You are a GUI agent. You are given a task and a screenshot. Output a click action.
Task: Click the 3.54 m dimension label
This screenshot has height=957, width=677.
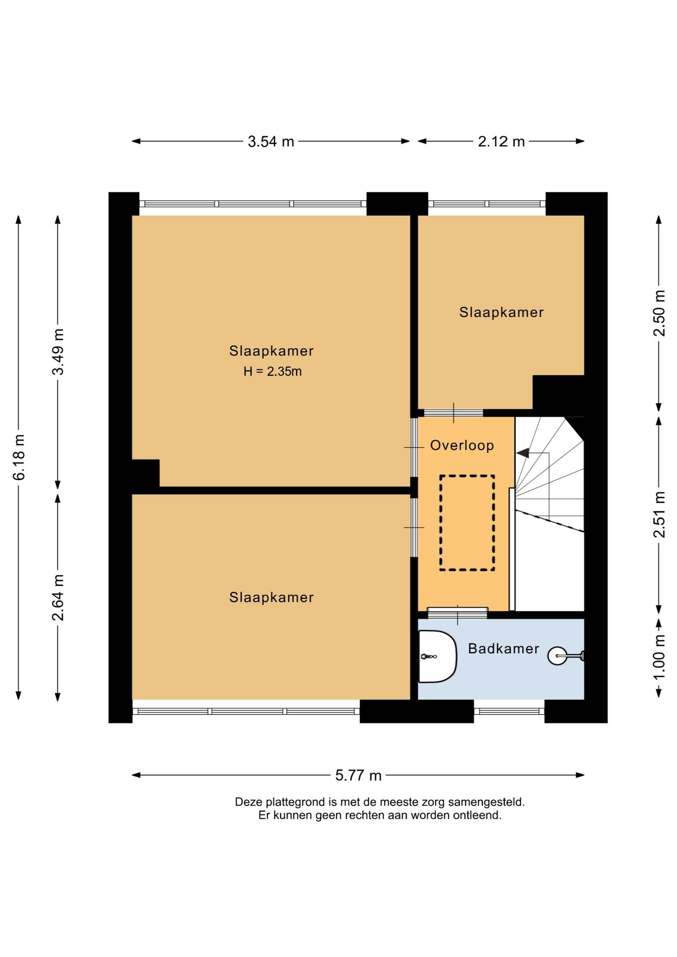pos(271,142)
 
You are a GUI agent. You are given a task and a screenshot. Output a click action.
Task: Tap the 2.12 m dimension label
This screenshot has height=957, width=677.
pos(501,142)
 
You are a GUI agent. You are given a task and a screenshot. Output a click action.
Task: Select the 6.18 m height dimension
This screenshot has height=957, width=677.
pos(18,457)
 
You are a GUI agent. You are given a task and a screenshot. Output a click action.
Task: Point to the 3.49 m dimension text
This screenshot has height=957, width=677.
pos(58,352)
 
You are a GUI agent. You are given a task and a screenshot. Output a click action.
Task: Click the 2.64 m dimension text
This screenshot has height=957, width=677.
pos(58,597)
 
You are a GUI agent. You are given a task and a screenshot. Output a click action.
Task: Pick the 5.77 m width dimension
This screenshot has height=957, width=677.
pos(358,775)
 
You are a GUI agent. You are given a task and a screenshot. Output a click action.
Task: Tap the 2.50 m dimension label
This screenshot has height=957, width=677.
pos(659,313)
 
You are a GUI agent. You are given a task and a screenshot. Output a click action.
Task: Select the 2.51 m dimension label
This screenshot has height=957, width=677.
pos(659,514)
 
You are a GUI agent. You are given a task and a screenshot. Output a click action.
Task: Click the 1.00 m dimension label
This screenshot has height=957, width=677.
pos(659,657)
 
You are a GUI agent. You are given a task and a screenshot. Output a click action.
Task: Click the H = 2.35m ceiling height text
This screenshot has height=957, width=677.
pos(273,371)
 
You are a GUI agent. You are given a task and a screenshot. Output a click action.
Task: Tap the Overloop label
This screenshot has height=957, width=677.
pos(462,445)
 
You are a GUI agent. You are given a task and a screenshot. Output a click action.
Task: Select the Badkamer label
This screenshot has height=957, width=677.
pos(504,648)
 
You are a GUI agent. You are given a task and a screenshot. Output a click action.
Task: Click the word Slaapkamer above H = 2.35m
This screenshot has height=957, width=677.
pos(271,351)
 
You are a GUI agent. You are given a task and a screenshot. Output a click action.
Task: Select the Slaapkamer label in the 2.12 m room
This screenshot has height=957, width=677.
pos(501,313)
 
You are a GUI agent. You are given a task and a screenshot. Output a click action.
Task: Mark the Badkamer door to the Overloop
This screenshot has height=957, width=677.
pos(458,613)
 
